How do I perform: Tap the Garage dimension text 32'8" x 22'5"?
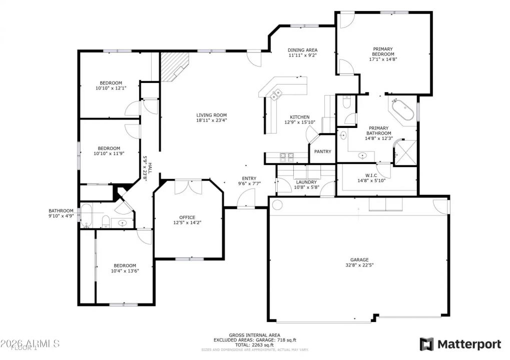tap(359, 265)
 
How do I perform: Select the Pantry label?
tap(322, 151)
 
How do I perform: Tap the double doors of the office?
tap(188, 187)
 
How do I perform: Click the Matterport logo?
tap(460, 344)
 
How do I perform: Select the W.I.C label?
tap(371, 175)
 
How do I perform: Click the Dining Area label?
tap(302, 50)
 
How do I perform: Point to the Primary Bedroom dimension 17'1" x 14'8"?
tap(383, 59)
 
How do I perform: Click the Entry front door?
tap(246, 200)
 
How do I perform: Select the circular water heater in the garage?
tap(277, 204)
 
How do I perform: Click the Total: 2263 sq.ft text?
tap(254, 345)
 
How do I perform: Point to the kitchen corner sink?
tap(276, 93)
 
